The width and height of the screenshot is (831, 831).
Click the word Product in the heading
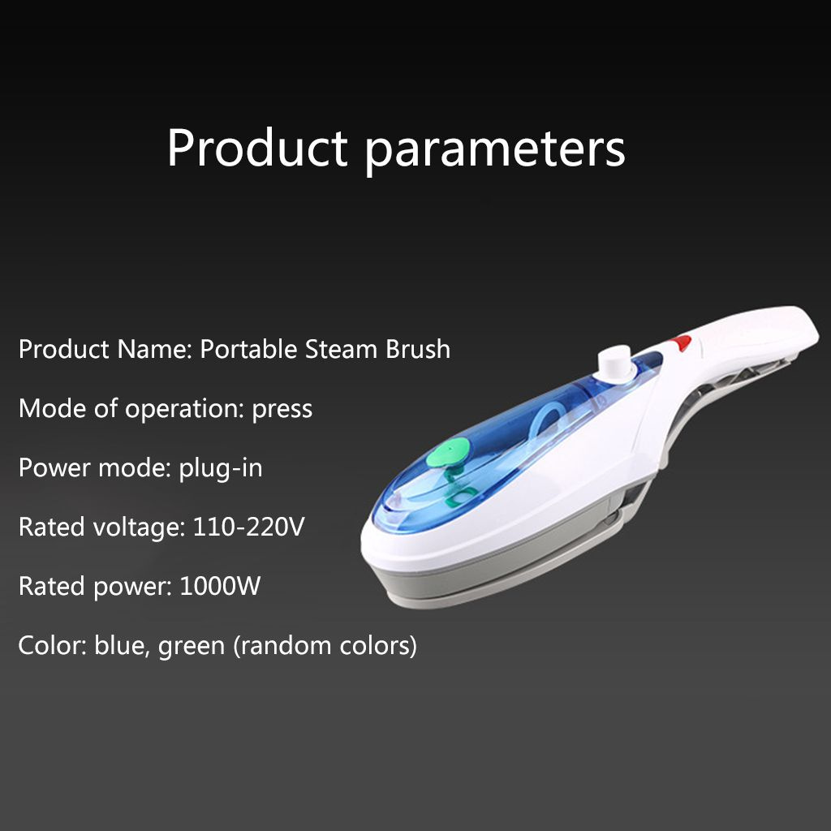[x=257, y=148]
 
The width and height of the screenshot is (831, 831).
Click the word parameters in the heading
[x=496, y=151]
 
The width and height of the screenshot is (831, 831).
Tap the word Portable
[x=248, y=349]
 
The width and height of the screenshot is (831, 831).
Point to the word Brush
[x=418, y=349]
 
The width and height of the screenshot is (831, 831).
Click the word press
[x=282, y=410]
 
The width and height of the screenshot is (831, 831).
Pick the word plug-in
[x=221, y=469]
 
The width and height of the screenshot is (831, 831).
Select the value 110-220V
[x=248, y=527]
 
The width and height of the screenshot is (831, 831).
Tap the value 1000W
[x=220, y=586]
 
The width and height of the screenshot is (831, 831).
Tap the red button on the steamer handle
[x=680, y=343]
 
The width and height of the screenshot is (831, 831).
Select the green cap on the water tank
[x=448, y=453]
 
